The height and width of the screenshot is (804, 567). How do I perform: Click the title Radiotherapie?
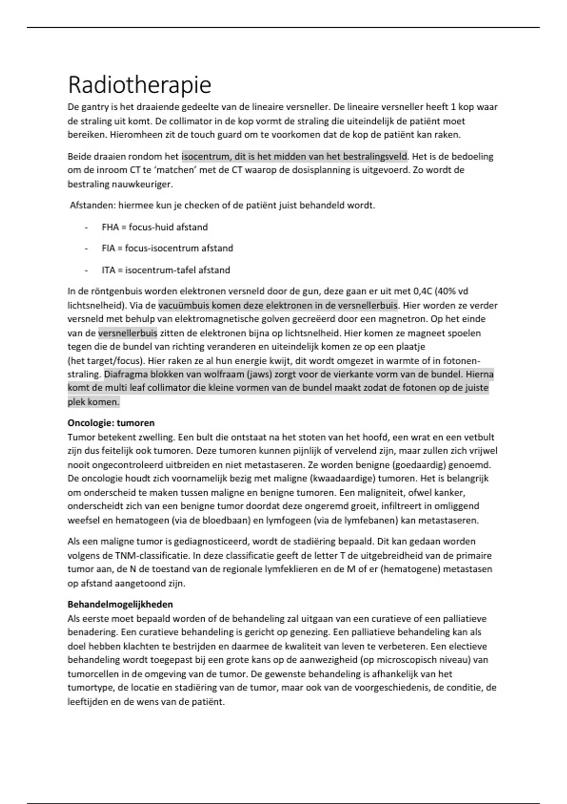coord(139,85)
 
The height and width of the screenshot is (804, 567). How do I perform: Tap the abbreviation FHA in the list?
coord(110,227)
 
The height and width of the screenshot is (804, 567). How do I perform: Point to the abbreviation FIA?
coord(108,248)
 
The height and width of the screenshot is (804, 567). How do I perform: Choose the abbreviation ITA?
coord(108,271)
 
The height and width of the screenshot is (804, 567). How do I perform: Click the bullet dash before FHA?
coord(86,227)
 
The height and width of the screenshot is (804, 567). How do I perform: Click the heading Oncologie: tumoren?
coord(111,423)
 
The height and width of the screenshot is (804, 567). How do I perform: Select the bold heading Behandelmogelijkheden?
coord(120,604)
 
